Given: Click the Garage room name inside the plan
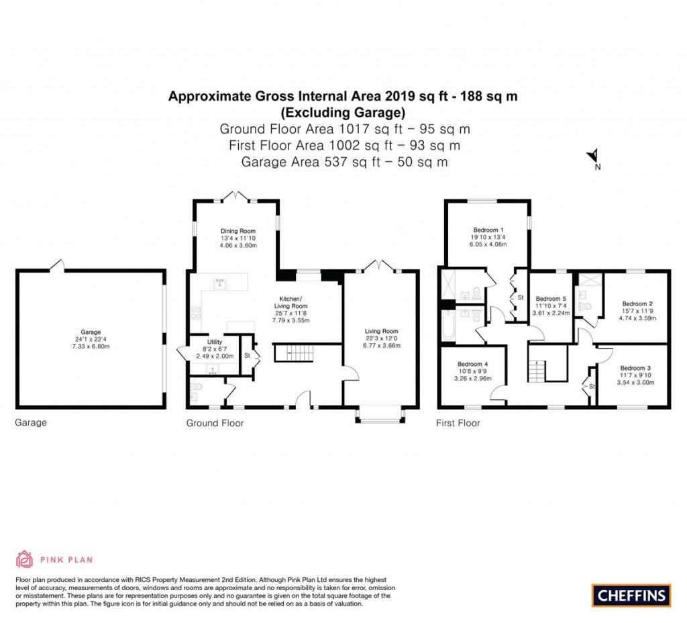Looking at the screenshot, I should coord(91,332).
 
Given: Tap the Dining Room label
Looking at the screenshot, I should coord(234,232).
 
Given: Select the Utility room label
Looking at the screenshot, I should coord(215,342).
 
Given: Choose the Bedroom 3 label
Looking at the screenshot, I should coord(635,368).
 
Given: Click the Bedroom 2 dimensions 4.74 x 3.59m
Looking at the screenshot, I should coord(634,318).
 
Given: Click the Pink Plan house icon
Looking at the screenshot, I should coord(24,559).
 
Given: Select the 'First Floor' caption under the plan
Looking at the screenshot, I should coord(458,424).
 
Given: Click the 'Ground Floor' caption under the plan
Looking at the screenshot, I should coord(215,424).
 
